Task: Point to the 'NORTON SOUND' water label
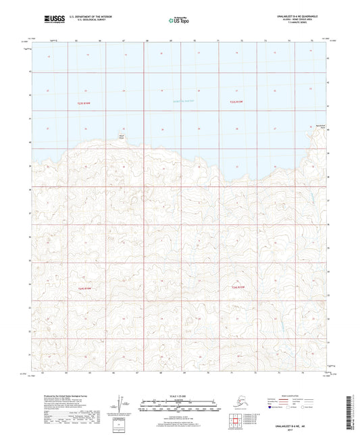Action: pyautogui.click(x=177, y=101)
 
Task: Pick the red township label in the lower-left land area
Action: pyautogui.click(x=84, y=288)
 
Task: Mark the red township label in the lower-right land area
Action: pyautogui.click(x=238, y=288)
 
